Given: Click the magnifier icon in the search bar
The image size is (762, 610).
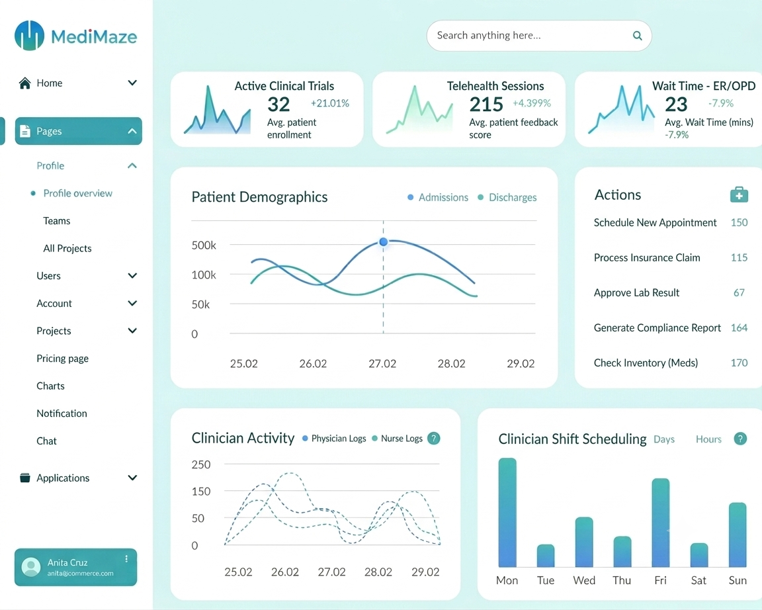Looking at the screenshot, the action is (637, 36).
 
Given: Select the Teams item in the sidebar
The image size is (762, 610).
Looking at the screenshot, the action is (56, 221).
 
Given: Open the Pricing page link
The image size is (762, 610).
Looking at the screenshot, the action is (62, 359).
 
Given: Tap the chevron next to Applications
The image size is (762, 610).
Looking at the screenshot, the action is (132, 477).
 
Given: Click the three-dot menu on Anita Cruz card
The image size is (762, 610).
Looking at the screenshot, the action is (126, 559).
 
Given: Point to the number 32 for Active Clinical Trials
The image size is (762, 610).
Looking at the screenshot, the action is (278, 104).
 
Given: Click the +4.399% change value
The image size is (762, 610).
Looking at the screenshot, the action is (532, 103).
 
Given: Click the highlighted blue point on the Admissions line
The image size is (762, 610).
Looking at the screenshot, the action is (384, 241).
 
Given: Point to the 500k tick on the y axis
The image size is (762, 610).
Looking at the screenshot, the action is (204, 245).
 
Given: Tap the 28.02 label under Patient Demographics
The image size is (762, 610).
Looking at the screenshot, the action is (452, 364).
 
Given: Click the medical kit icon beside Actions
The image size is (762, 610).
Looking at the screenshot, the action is (739, 195).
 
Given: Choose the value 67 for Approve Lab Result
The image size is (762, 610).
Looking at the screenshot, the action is (739, 292).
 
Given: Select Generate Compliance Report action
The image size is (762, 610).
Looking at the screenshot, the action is (657, 327).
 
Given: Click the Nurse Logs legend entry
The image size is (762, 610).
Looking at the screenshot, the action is (397, 439).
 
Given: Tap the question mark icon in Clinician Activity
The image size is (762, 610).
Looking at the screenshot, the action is (433, 439).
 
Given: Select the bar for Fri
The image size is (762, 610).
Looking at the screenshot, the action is (660, 523).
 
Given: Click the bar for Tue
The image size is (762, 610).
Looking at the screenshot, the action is (546, 556).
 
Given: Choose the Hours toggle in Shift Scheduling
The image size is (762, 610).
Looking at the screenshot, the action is (708, 439).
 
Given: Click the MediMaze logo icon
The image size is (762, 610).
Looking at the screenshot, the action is (29, 36).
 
